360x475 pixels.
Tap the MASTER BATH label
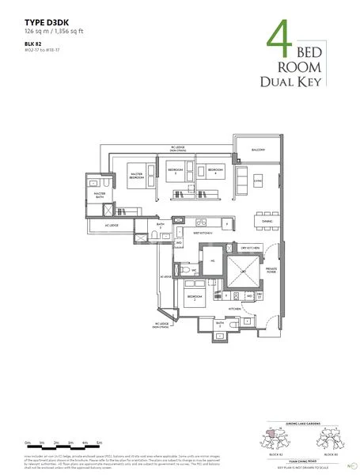(x=100, y=194)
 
